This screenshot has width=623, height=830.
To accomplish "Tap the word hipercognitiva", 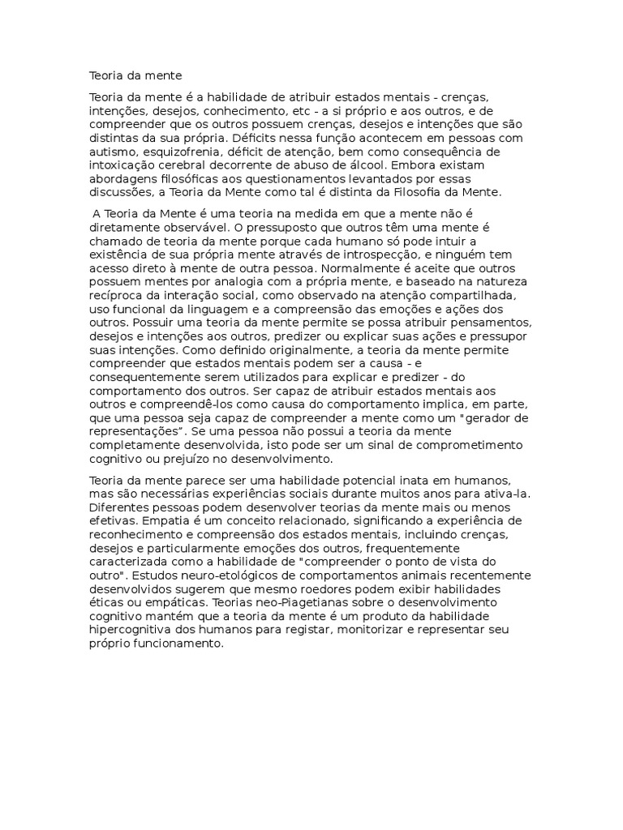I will [x=132, y=631].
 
